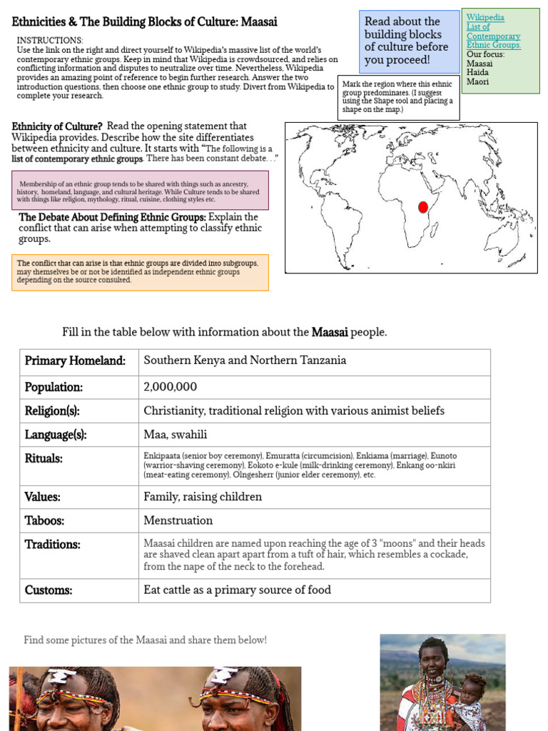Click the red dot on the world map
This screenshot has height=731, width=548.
click(422, 207)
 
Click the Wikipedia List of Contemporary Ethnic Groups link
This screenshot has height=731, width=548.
click(493, 31)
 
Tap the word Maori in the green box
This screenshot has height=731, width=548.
click(478, 82)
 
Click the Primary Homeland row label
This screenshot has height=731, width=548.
click(75, 361)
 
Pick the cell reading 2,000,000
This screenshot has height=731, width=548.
click(171, 387)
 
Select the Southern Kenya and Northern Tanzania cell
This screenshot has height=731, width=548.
click(245, 361)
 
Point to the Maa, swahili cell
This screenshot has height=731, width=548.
click(176, 434)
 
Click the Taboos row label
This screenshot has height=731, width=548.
click(44, 520)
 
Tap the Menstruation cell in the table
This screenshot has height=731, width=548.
click(178, 520)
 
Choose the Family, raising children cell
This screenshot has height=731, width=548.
click(203, 497)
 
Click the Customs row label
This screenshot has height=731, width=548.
click(49, 590)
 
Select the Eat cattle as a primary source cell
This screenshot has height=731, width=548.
click(237, 590)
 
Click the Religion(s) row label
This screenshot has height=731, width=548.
click(52, 410)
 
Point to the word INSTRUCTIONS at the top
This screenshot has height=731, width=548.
click(50, 41)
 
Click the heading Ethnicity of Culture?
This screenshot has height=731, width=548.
click(57, 126)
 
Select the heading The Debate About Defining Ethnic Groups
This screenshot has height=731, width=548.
click(112, 217)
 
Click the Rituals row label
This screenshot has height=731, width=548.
click(44, 458)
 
